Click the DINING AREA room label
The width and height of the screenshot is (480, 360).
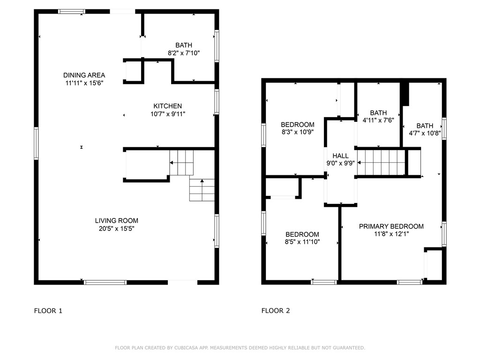click(84, 75)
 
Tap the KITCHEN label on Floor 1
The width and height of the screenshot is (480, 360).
click(167, 106)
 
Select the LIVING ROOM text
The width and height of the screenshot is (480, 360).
click(117, 221)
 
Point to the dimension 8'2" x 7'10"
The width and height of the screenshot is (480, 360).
click(184, 53)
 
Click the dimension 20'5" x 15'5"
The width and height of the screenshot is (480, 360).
click(117, 229)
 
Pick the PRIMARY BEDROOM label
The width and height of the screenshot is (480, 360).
click(391, 226)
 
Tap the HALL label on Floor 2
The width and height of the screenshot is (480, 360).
click(340, 156)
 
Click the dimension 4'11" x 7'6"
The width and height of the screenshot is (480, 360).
click(378, 120)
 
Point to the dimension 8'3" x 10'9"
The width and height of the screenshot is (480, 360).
click(297, 132)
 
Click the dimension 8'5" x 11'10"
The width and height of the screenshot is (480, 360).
click(302, 242)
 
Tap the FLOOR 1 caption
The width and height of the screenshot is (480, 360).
click(48, 310)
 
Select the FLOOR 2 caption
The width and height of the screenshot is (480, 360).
click(276, 310)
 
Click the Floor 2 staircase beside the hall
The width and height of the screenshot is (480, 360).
click(381, 162)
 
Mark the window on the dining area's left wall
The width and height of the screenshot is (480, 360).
click(36, 143)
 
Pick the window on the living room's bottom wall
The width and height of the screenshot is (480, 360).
click(105, 282)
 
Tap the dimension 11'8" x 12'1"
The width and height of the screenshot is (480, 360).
click(391, 234)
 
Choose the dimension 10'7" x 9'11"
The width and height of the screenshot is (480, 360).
click(167, 114)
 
